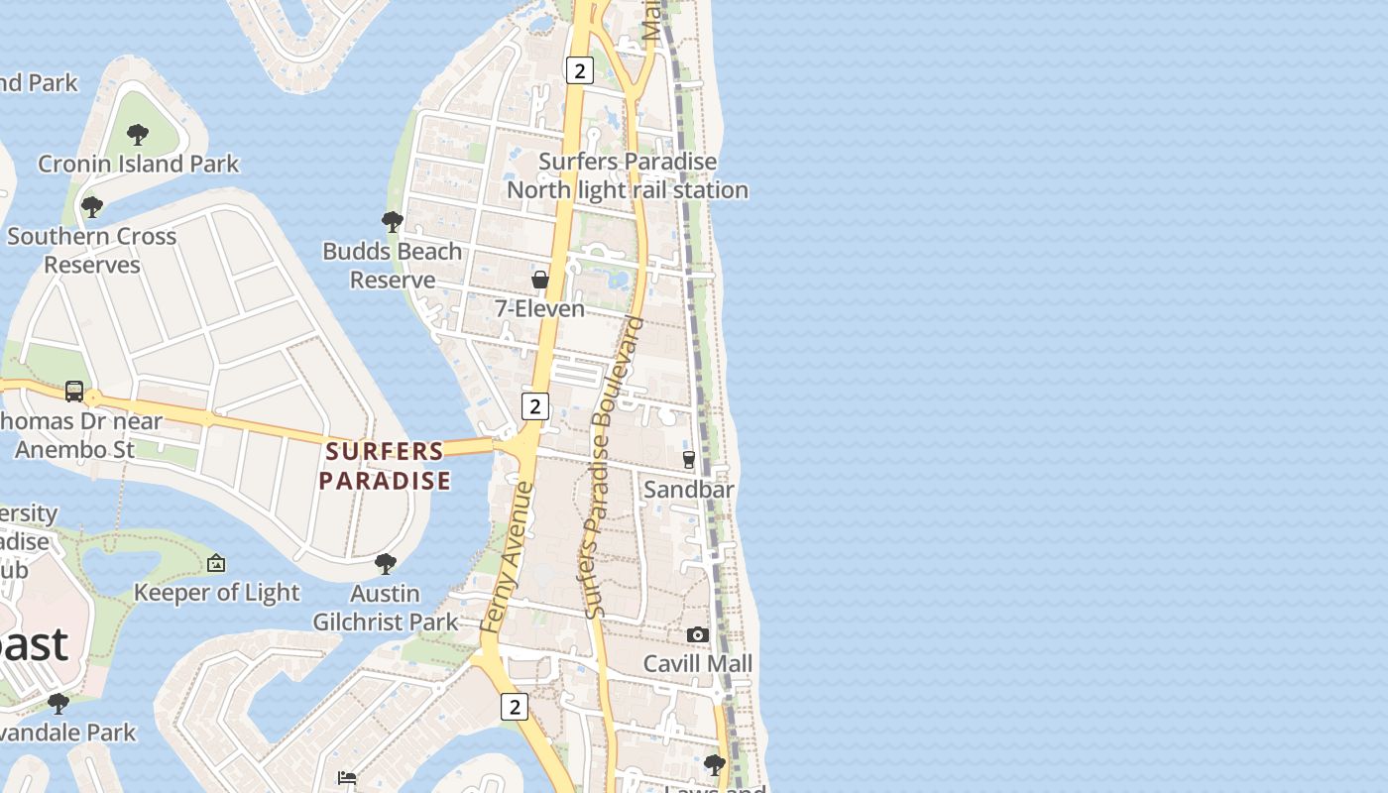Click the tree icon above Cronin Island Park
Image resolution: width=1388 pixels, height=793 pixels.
click(138, 134)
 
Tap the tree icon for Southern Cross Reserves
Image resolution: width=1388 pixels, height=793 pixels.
click(92, 207)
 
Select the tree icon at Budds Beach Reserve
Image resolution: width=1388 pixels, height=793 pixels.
click(393, 221)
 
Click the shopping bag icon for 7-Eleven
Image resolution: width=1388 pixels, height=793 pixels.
click(540, 280)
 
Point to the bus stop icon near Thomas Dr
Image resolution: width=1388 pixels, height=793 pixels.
click(74, 391)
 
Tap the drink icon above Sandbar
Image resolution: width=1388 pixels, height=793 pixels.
click(689, 460)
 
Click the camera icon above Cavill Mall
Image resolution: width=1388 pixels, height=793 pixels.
click(698, 634)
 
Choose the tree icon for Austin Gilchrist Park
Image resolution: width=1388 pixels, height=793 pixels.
click(386, 564)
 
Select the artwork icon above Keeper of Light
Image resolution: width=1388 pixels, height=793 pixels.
click(216, 564)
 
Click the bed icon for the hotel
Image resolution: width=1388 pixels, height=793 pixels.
click(347, 777)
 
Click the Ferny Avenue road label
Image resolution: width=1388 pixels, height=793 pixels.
click(507, 557)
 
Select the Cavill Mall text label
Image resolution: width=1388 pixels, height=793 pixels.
click(698, 663)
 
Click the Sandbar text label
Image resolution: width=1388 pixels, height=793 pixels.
click(689, 489)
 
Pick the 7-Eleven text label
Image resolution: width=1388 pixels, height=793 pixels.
click(540, 309)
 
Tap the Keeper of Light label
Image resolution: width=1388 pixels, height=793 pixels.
click(216, 593)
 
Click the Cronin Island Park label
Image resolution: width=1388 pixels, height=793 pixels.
click(139, 164)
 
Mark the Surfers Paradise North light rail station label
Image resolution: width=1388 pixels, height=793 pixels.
click(628, 175)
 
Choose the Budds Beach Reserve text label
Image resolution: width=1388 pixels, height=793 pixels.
click(393, 266)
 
